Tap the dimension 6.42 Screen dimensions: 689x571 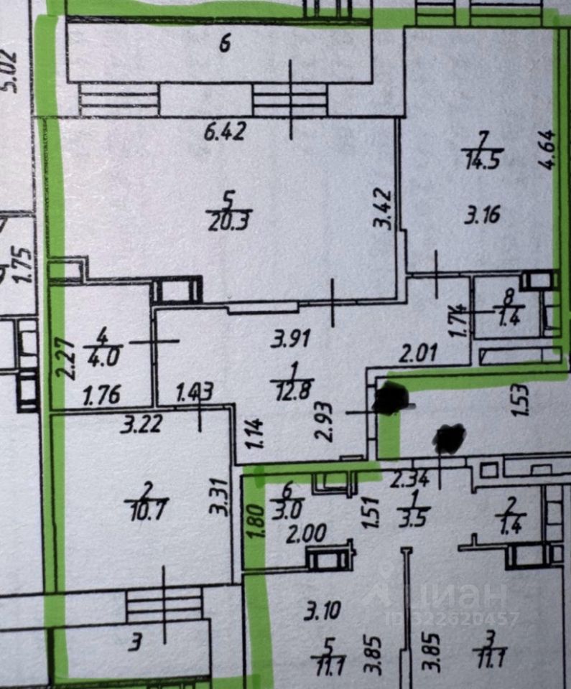[225, 132]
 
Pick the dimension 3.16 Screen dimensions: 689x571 [481, 215]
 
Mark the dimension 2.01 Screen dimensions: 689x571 [418, 354]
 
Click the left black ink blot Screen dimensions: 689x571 [391, 398]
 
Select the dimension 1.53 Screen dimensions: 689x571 [521, 400]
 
